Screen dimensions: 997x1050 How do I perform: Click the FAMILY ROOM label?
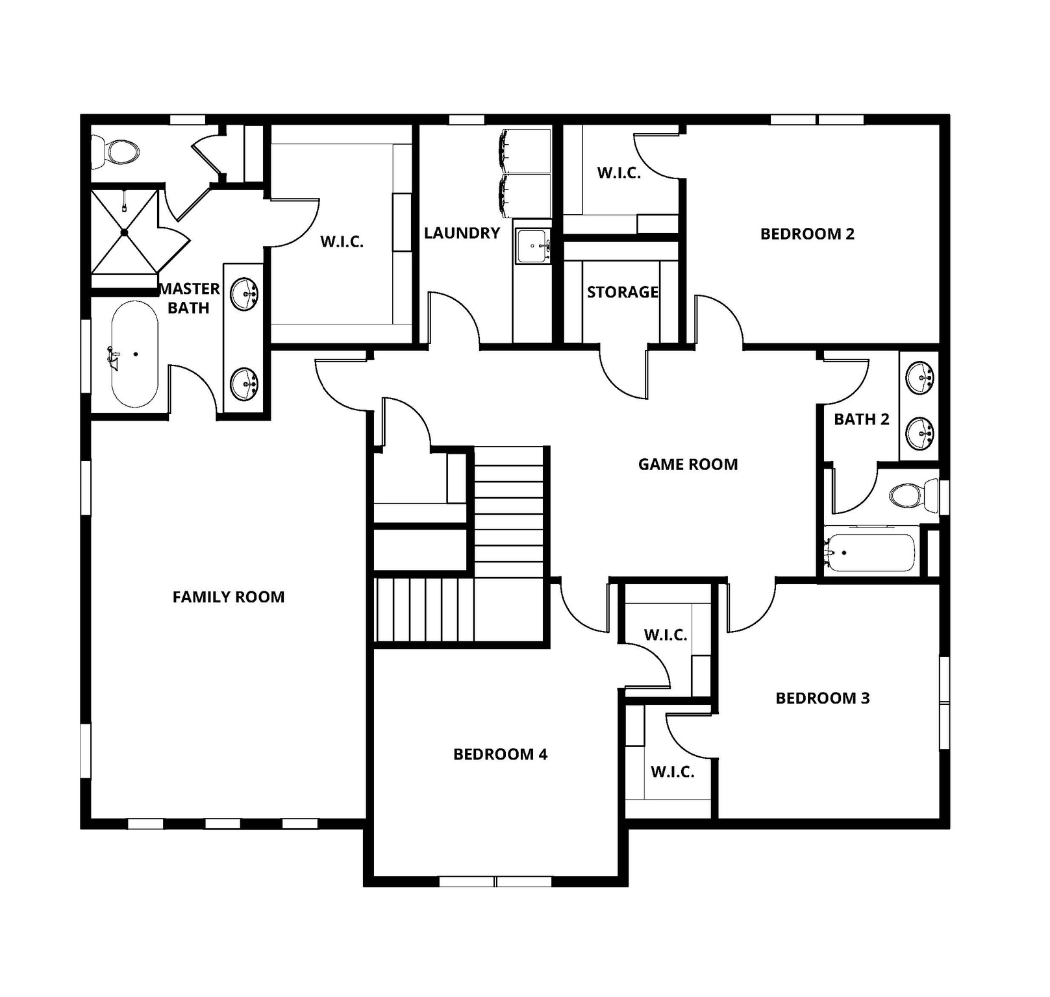[229, 597]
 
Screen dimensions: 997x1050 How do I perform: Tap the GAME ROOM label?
[688, 464]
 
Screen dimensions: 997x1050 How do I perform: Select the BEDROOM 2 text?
[807, 234]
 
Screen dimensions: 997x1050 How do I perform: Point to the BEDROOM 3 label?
[822, 698]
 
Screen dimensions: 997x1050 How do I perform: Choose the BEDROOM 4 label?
[500, 754]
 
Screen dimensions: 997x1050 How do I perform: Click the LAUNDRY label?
[462, 233]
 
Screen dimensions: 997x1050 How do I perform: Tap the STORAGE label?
[622, 292]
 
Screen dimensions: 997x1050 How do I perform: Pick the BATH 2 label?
[861, 419]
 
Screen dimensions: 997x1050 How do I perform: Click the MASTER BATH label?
[189, 298]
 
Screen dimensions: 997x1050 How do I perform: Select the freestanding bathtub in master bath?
[134, 354]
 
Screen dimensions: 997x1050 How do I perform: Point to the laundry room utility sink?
[532, 246]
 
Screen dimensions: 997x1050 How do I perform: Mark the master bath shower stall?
[124, 231]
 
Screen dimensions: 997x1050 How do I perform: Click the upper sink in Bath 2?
[919, 378]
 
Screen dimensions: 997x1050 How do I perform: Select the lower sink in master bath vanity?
[245, 384]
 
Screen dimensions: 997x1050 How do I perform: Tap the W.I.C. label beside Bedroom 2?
[619, 173]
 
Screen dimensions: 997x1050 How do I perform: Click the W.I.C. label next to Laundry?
[342, 242]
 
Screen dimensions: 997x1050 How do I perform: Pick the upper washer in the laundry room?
[525, 151]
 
